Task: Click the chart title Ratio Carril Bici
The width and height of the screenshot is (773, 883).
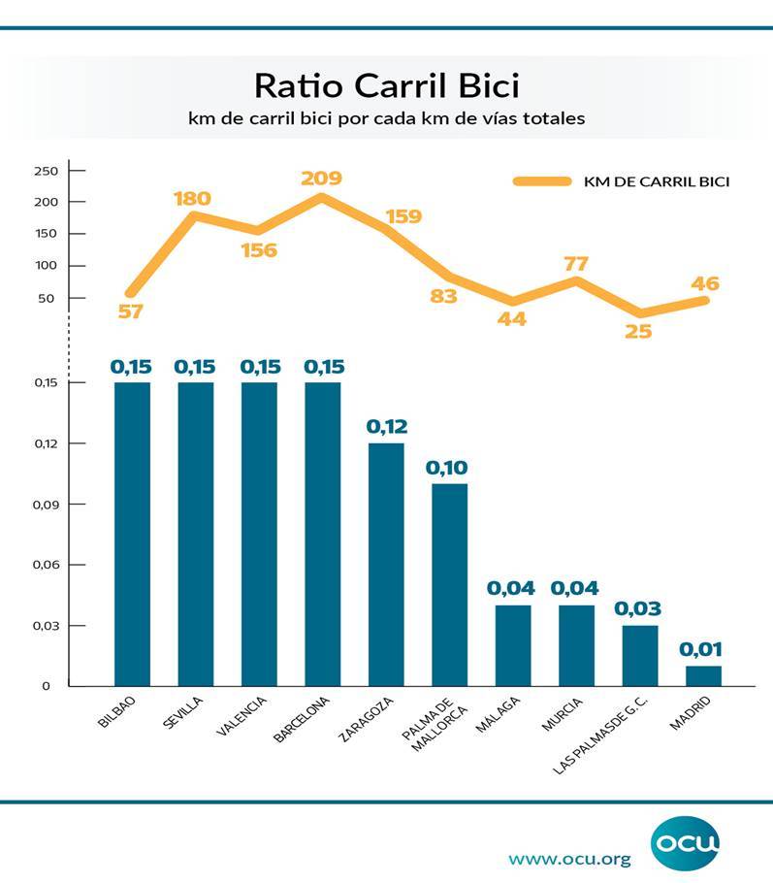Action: [x=386, y=85]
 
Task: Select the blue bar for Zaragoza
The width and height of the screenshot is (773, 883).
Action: [x=386, y=564]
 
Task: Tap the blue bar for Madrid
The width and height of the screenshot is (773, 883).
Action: [x=704, y=675]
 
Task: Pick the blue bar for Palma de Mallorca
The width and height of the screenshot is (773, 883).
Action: [x=449, y=584]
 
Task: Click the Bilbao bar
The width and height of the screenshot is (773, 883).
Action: [x=132, y=534]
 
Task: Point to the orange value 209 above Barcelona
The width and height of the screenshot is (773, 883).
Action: [x=321, y=179]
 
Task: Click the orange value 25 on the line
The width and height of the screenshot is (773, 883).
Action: [x=638, y=331]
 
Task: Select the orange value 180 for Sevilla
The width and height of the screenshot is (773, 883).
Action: [x=192, y=199]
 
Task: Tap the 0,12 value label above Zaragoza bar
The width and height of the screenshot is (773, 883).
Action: [x=386, y=427]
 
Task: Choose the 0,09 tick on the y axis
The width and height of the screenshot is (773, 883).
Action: [x=46, y=505]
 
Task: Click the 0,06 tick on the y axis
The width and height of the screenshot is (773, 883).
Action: [x=46, y=565]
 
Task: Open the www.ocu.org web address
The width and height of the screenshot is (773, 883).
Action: [x=569, y=859]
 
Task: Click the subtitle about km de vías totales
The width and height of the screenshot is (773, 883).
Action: [x=386, y=119]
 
